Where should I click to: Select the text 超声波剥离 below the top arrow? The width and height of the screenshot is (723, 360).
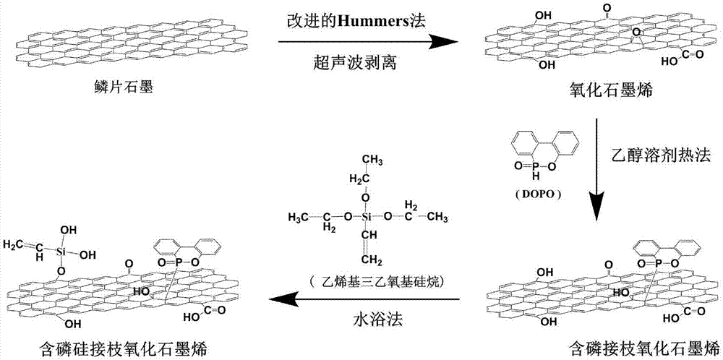point(359,64)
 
